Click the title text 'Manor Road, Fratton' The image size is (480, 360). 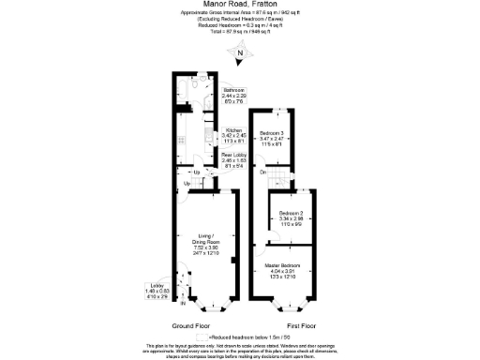[x=240, y=5]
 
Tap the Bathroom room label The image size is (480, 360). [x=233, y=96]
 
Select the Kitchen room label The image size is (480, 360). [x=233, y=134]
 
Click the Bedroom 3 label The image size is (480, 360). [x=273, y=138]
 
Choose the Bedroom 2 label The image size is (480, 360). [x=292, y=219]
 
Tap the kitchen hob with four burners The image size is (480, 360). [x=205, y=137]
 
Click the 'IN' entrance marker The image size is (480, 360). [x=183, y=304]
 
